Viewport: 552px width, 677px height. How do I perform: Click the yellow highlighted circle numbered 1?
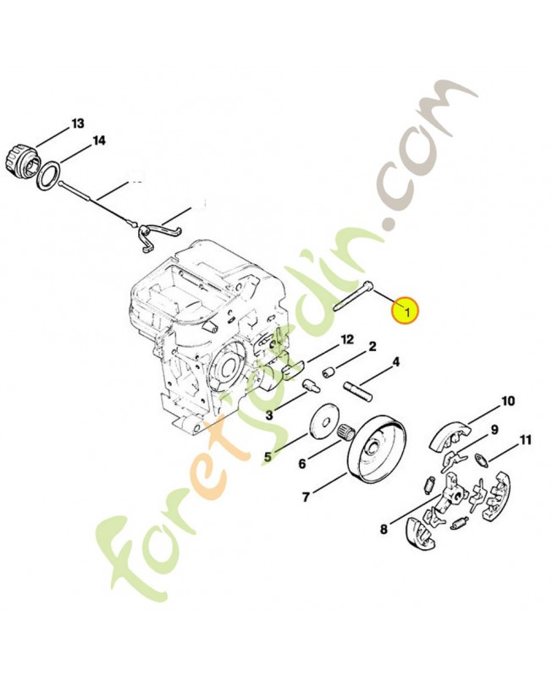[x=405, y=311]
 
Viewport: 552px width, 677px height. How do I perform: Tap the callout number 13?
[x=78, y=124]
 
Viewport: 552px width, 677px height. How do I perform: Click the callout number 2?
[x=371, y=347]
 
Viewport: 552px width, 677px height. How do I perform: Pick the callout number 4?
[x=395, y=364]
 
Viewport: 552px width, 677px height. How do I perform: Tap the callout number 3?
[x=269, y=415]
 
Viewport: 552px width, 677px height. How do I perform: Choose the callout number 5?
[x=268, y=457]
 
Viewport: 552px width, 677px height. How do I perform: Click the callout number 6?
[x=301, y=464]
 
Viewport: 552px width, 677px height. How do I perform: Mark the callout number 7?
[x=306, y=497]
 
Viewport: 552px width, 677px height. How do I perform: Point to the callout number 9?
[x=494, y=429]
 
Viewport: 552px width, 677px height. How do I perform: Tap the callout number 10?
[x=508, y=400]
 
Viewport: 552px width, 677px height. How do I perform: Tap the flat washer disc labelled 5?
[x=322, y=421]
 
